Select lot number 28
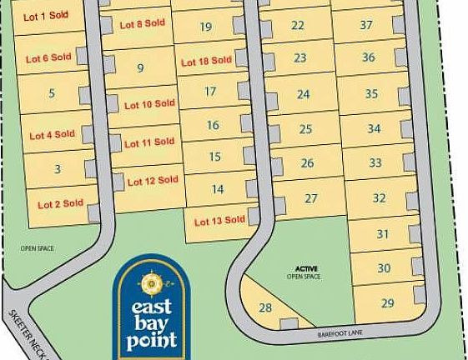[x=266, y=307]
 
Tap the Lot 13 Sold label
[x=219, y=221]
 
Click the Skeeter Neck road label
[x=24, y=330]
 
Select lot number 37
[x=365, y=25]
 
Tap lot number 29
[x=387, y=302]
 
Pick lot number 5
[x=52, y=93]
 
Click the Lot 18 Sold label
[x=206, y=61]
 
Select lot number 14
[x=218, y=189]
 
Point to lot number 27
[x=312, y=198]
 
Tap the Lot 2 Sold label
[x=61, y=203]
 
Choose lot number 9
[x=140, y=68]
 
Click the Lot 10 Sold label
[x=150, y=105]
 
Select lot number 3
[x=57, y=169]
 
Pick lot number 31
[x=383, y=234]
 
